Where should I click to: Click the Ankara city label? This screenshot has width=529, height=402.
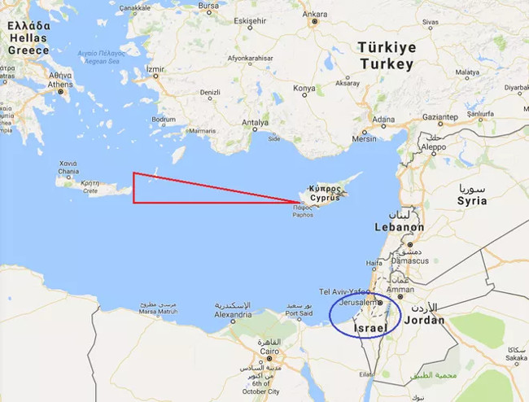pos(314,14)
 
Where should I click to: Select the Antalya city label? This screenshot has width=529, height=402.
pos(255,123)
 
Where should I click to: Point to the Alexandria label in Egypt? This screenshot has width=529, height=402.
pos(233,313)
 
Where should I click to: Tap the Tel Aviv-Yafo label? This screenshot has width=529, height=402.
pos(343,291)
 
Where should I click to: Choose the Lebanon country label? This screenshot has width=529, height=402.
pos(399,227)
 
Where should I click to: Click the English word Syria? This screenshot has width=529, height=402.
pos(472,200)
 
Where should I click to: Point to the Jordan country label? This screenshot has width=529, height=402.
pos(425,320)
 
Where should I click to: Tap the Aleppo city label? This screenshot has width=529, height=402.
pos(432,147)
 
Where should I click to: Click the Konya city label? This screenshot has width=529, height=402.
pos(304,88)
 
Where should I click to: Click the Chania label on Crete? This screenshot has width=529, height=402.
pos(68,171)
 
